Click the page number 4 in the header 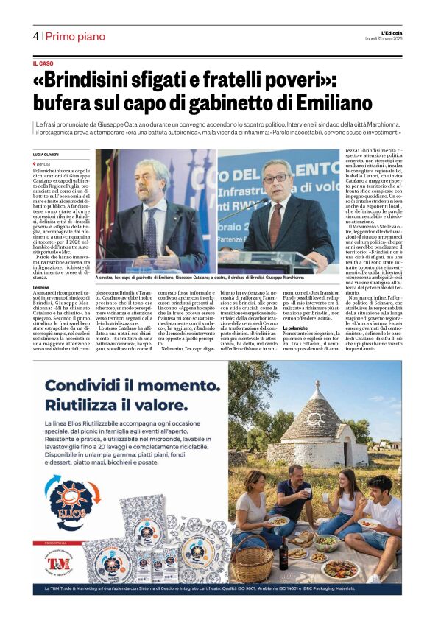(35, 36)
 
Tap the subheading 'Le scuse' (43, 289)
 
